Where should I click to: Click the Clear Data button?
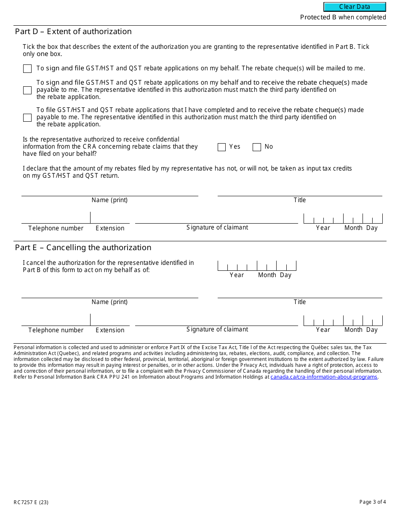(355, 7)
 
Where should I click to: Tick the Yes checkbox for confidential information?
(221, 147)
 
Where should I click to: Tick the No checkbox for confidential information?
(256, 147)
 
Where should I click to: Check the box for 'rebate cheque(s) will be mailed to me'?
(27, 69)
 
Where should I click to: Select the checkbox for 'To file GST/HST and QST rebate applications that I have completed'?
(27, 117)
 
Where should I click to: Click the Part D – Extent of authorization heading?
(73, 32)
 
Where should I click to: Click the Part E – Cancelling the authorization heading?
(83, 248)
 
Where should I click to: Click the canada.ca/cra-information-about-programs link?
(324, 377)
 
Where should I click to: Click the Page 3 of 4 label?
(373, 502)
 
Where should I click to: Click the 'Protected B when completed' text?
(343, 17)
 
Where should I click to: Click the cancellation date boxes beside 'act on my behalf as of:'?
(257, 266)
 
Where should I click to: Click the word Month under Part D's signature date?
(353, 228)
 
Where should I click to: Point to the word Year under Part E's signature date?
(323, 330)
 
